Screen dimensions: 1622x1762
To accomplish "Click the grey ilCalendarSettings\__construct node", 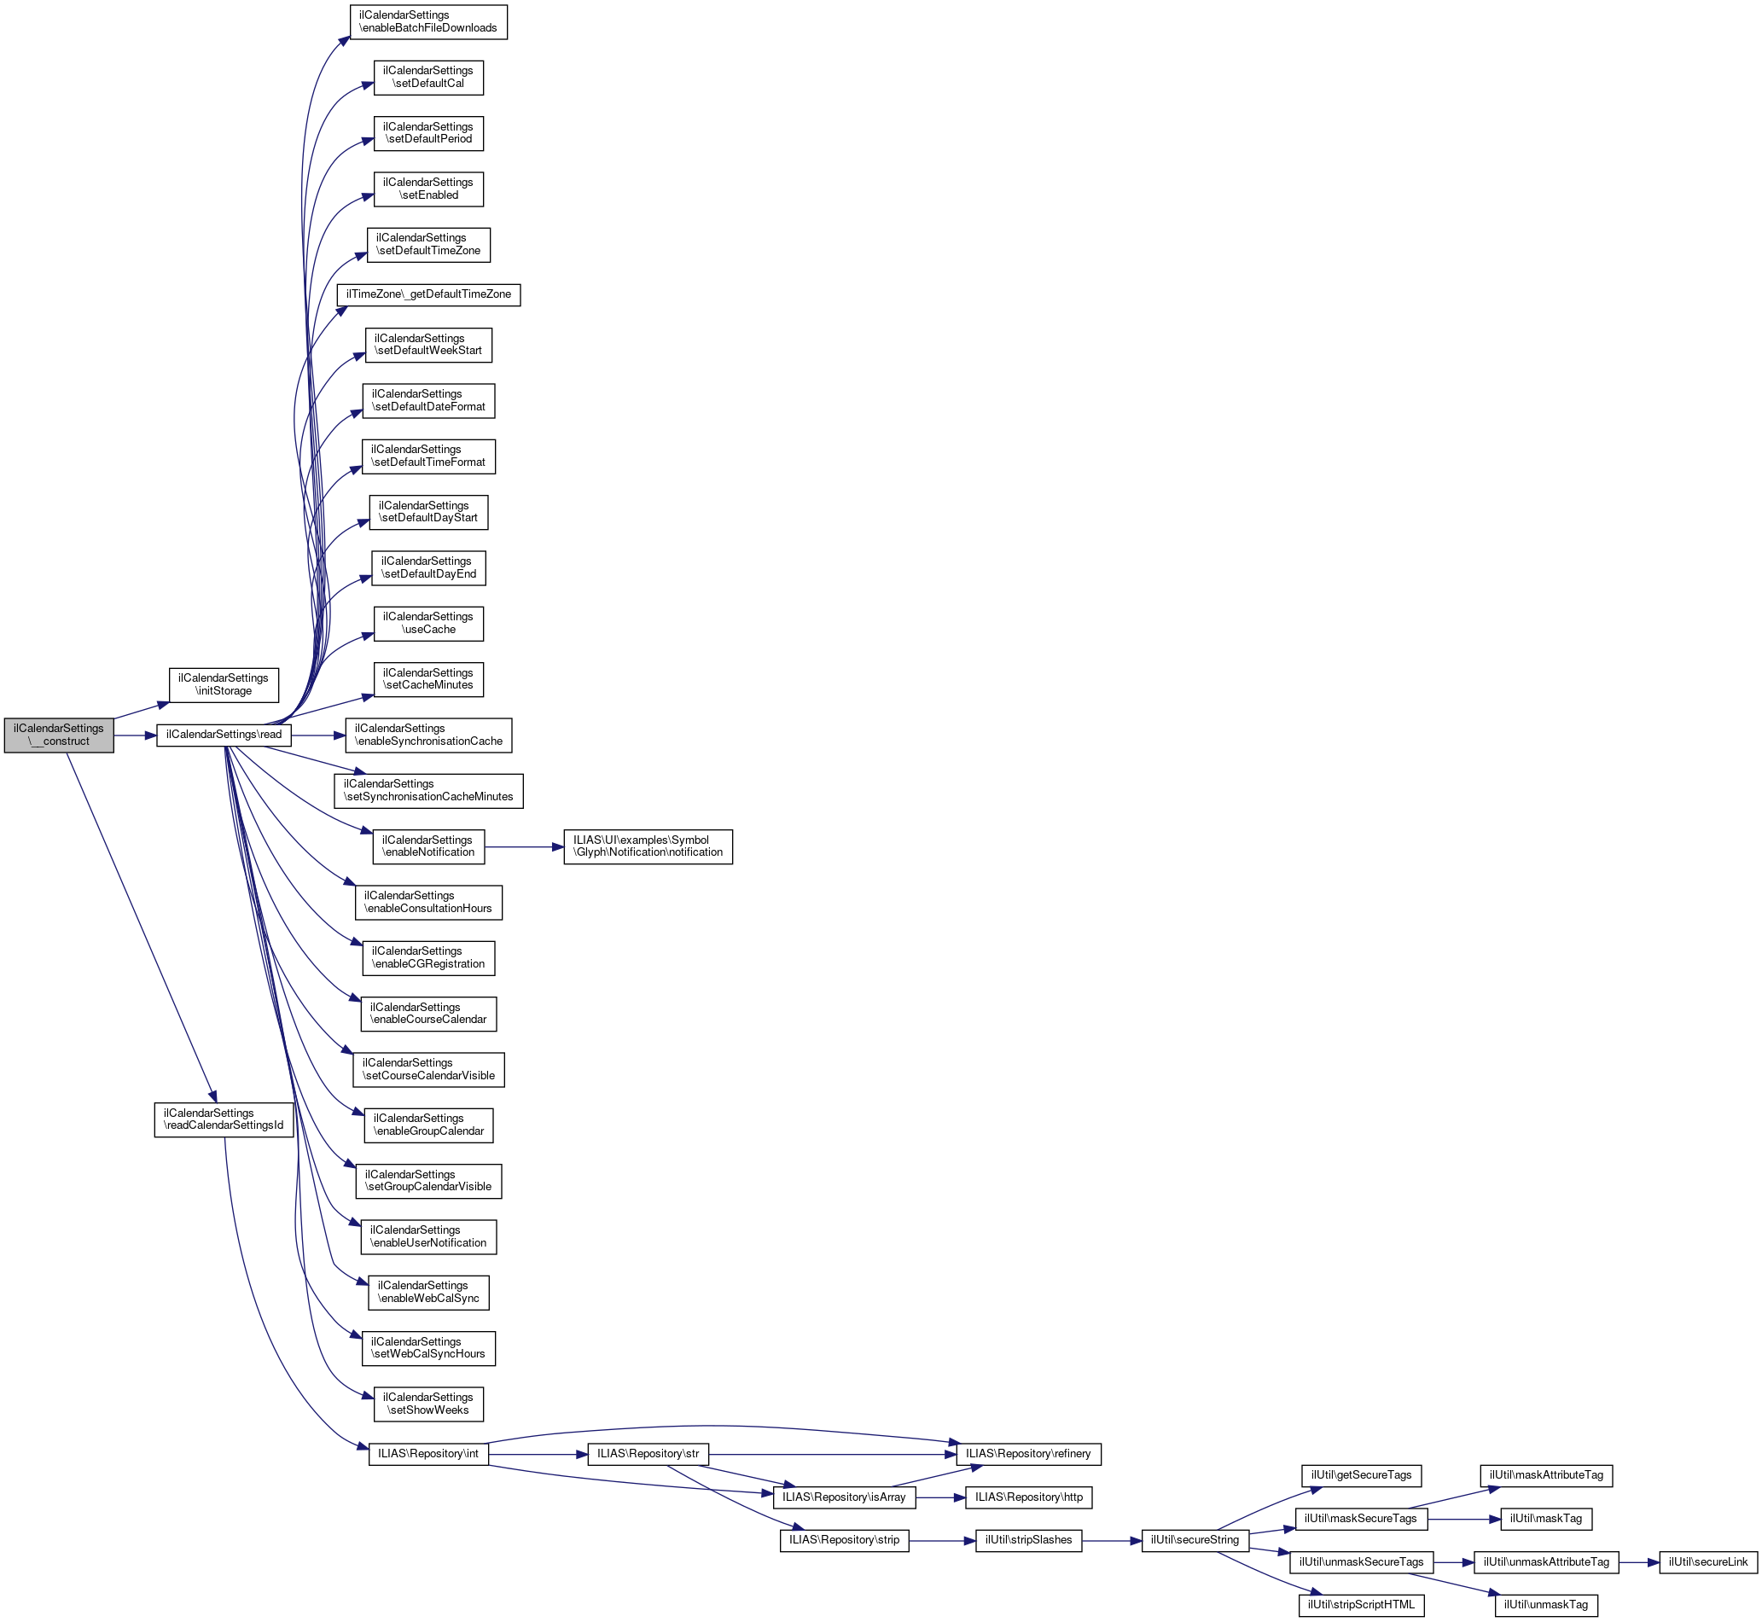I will pyautogui.click(x=59, y=735).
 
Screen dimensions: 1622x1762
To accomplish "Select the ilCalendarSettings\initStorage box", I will pyautogui.click(x=223, y=684).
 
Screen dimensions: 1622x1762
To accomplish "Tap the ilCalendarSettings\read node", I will pyautogui.click(x=224, y=735).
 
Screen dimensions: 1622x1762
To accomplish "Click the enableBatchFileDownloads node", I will pyautogui.click(x=427, y=22).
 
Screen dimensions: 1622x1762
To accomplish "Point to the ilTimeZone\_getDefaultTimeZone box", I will pyautogui.click(x=428, y=294).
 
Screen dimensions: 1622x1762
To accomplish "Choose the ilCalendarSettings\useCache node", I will pyautogui.click(x=427, y=623).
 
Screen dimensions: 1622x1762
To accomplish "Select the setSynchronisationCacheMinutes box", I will pyautogui.click(x=428, y=791).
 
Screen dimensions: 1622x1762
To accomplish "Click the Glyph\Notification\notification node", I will pyautogui.click(x=647, y=847).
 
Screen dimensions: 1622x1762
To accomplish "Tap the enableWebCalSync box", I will pyautogui.click(x=427, y=1292).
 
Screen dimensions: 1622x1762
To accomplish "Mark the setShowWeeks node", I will pyautogui.click(x=427, y=1404).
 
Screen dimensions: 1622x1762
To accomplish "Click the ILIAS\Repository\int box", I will pyautogui.click(x=427, y=1455).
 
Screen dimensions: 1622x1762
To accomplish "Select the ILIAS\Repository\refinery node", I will pyautogui.click(x=1027, y=1455).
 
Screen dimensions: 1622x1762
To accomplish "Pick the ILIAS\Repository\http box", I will pyautogui.click(x=1028, y=1497).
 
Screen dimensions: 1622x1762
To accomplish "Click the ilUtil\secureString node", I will pyautogui.click(x=1194, y=1540).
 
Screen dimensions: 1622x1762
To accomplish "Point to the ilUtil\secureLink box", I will pyautogui.click(x=1707, y=1562).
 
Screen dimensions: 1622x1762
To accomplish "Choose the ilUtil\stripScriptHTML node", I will pyautogui.click(x=1361, y=1605).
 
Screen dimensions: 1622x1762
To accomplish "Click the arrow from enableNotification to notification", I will pyautogui.click(x=523, y=847).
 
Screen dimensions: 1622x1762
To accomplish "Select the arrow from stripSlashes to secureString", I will pyautogui.click(x=1112, y=1540).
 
